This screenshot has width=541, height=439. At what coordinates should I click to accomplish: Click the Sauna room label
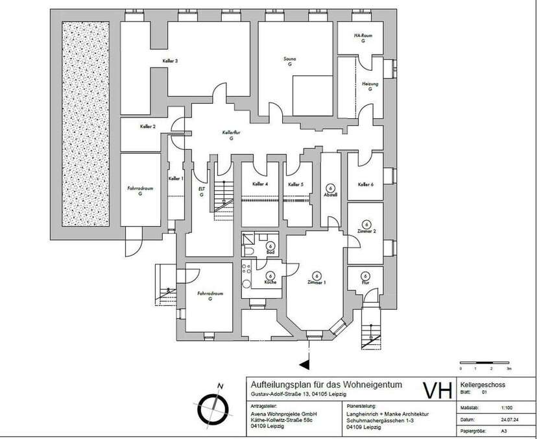289,59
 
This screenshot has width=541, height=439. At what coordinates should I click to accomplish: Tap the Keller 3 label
171,61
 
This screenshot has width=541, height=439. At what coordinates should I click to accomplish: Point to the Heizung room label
369,84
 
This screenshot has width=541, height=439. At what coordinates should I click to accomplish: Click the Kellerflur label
232,132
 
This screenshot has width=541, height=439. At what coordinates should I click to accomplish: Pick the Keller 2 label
148,127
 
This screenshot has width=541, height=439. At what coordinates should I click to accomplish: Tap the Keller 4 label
260,184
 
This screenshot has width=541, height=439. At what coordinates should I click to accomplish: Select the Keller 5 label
296,184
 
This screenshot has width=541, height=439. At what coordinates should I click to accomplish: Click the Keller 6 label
366,184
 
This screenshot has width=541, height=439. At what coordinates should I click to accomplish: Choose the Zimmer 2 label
367,231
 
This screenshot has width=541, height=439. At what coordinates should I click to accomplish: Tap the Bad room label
270,252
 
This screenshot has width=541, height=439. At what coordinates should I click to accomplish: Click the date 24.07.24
509,419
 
